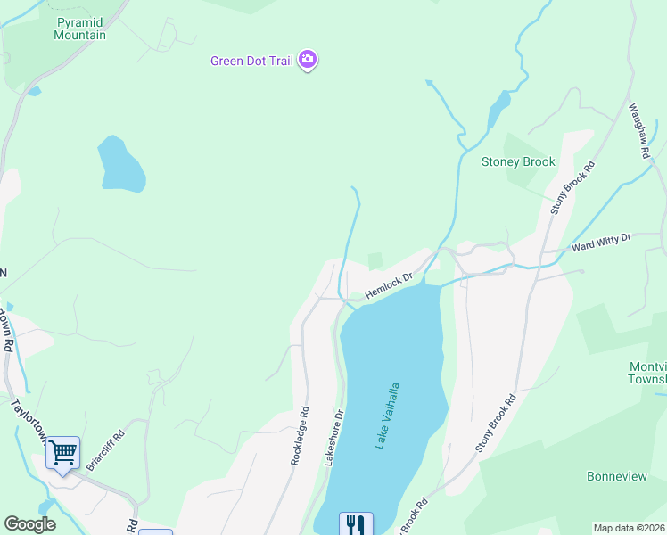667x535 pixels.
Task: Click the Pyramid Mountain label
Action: click(x=80, y=29)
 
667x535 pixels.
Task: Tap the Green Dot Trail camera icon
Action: click(x=308, y=61)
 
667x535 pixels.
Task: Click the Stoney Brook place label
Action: click(x=518, y=161)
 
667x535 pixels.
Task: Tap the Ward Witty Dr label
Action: click(x=600, y=241)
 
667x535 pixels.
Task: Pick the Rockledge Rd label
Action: click(x=300, y=436)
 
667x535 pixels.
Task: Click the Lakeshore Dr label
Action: click(x=333, y=438)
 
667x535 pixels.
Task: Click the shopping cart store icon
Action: click(x=62, y=453)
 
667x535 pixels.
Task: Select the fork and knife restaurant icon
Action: click(x=355, y=523)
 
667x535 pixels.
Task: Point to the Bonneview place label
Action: click(x=617, y=476)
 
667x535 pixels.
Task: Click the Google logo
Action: click(x=29, y=524)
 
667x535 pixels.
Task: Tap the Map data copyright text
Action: click(x=628, y=528)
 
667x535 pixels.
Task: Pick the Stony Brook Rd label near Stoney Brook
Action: click(x=572, y=187)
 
